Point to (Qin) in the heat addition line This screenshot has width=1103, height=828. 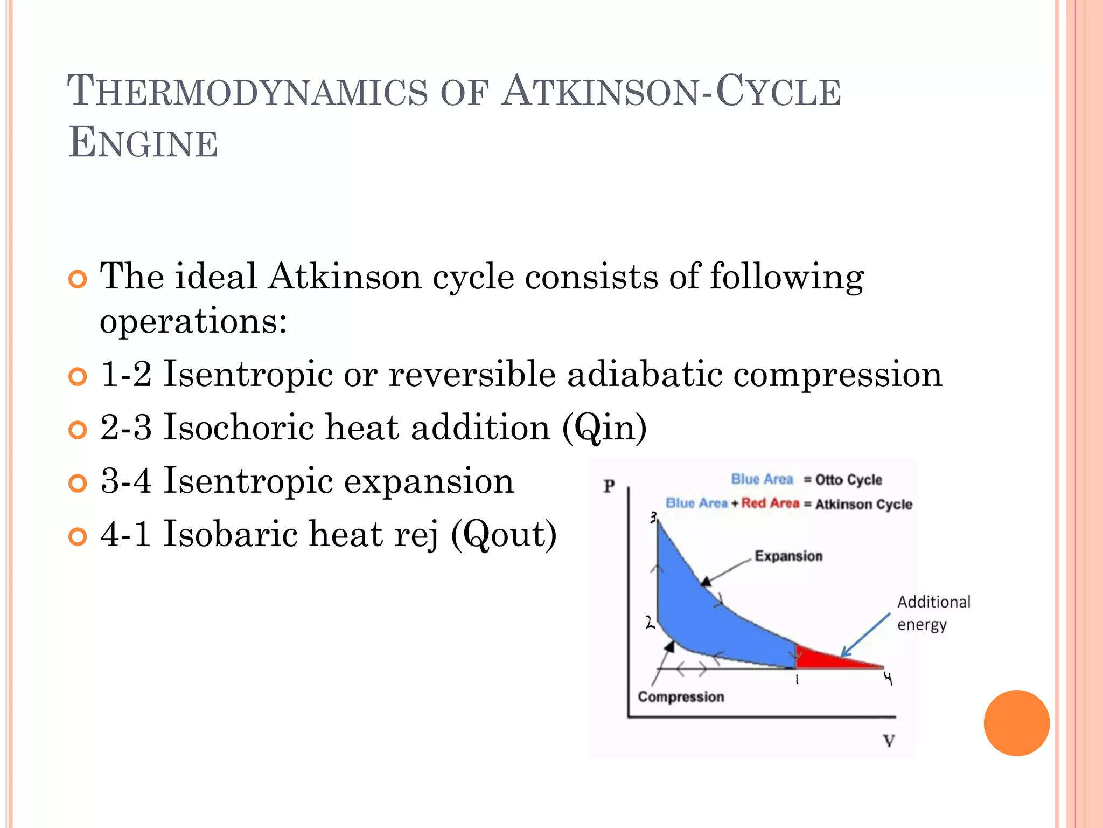tap(604, 428)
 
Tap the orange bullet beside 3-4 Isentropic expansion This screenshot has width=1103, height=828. tap(78, 483)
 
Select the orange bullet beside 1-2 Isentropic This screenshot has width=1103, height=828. tap(78, 376)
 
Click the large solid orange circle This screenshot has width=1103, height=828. tap(1016, 723)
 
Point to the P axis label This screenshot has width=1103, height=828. tap(609, 486)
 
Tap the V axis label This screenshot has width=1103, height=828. tap(889, 741)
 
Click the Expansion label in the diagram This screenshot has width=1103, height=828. tap(788, 556)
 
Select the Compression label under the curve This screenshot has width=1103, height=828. tap(681, 697)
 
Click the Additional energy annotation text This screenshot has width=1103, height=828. tap(933, 613)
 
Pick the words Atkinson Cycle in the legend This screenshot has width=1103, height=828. tap(863, 505)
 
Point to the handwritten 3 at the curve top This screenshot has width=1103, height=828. tap(653, 518)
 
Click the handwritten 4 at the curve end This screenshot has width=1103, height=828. tap(888, 679)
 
